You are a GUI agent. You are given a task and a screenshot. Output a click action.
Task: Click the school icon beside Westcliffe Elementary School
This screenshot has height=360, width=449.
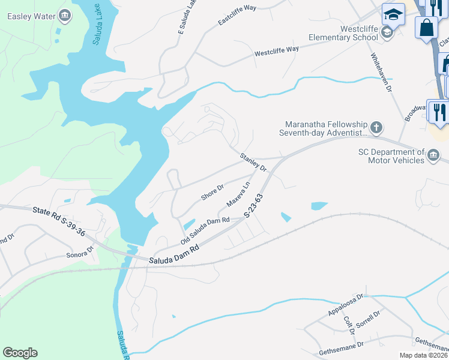(x=387, y=32)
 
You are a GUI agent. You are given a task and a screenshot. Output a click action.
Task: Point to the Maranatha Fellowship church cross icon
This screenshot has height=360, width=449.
(x=376, y=127)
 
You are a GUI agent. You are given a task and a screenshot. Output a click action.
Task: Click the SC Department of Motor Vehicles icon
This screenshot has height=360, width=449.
(x=433, y=157)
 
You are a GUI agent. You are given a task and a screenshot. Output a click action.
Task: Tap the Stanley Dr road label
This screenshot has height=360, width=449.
(x=253, y=162)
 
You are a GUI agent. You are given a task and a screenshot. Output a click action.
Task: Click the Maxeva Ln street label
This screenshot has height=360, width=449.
(x=238, y=194)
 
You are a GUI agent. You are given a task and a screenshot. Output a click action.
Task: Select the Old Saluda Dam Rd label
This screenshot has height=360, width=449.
(x=205, y=230)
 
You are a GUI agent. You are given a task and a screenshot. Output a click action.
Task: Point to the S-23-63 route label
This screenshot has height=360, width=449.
(x=254, y=206)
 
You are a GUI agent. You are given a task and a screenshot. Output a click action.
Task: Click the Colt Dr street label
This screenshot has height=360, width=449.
(x=349, y=323)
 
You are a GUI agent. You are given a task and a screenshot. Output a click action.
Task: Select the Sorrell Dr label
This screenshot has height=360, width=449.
(x=368, y=319)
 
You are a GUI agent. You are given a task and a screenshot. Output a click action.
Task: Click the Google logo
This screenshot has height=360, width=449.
(x=20, y=353)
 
